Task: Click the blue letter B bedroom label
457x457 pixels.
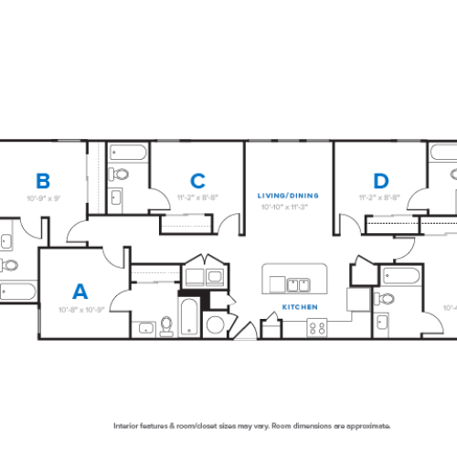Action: click(42, 180)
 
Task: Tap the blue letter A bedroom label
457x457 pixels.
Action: click(80, 292)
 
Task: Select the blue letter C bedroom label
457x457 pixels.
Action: click(197, 180)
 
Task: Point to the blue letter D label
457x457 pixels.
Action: click(381, 180)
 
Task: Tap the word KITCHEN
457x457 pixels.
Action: click(299, 307)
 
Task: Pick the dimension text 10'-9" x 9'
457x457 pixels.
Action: click(43, 197)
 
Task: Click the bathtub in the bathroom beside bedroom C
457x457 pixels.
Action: click(124, 152)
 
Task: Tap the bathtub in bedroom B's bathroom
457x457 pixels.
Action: click(16, 292)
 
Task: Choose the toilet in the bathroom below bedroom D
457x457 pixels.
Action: click(386, 298)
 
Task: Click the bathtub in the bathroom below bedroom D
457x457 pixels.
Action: click(403, 275)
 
